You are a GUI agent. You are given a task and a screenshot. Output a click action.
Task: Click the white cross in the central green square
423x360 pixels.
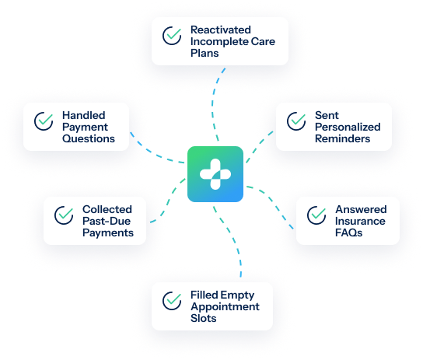(215, 174)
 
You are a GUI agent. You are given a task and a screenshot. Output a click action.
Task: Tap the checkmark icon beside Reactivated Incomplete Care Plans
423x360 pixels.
(172, 36)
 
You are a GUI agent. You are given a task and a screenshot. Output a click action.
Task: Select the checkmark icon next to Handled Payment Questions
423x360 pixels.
(44, 121)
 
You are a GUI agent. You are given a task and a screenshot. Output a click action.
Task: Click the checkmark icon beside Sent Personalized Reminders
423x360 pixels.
(296, 121)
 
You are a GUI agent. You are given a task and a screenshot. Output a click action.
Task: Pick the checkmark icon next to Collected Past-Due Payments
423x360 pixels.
(64, 215)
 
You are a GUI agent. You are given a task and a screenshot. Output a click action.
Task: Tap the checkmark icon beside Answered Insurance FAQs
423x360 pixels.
(316, 215)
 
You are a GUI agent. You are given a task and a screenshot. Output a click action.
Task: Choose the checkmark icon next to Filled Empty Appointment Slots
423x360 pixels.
(172, 301)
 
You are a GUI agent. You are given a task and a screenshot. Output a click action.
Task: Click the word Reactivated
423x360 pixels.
(221, 30)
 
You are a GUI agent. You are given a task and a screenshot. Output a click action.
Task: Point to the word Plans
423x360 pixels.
(205, 53)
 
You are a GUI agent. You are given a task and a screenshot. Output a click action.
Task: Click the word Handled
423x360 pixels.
(84, 115)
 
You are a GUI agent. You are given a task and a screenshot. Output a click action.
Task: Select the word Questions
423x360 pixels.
(89, 138)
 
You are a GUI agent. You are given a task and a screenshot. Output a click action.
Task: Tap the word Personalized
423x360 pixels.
(348, 127)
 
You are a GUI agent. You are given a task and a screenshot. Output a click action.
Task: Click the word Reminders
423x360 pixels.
(343, 138)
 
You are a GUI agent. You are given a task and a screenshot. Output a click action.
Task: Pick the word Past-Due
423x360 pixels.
(107, 221)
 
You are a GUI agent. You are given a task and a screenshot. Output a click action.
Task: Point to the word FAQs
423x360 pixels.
(349, 232)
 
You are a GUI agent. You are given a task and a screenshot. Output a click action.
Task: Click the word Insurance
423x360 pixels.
(360, 221)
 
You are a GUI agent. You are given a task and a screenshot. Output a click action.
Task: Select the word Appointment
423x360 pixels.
(225, 306)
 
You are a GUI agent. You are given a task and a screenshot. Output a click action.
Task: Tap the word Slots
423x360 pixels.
(204, 318)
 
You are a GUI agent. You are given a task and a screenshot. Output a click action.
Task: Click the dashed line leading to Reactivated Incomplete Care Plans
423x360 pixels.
(213, 104)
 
